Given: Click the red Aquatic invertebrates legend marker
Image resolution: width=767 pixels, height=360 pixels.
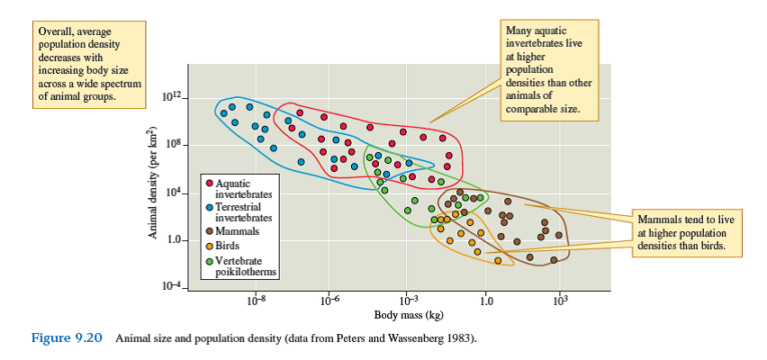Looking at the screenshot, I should [210, 183].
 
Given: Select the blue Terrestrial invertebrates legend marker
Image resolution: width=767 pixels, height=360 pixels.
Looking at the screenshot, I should [210, 206].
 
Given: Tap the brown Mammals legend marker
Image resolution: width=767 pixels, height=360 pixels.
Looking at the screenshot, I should [210, 230].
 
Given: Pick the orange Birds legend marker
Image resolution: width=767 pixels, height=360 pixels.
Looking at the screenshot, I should [210, 244].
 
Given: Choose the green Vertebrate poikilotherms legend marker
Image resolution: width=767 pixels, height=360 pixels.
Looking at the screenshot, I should [210, 259].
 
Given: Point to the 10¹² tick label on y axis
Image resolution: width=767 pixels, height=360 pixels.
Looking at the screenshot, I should [171, 96].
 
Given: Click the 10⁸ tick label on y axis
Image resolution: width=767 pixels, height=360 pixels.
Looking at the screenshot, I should [173, 144].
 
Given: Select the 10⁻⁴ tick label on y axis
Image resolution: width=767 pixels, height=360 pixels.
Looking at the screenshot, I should [171, 285].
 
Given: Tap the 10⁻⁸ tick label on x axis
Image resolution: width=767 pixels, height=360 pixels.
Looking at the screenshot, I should [257, 301].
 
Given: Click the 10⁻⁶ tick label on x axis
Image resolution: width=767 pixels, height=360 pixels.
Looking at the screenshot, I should [330, 301].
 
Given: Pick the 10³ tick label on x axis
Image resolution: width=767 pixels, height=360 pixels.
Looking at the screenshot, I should [559, 301].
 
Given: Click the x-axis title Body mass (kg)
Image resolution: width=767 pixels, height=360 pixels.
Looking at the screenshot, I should [408, 315].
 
